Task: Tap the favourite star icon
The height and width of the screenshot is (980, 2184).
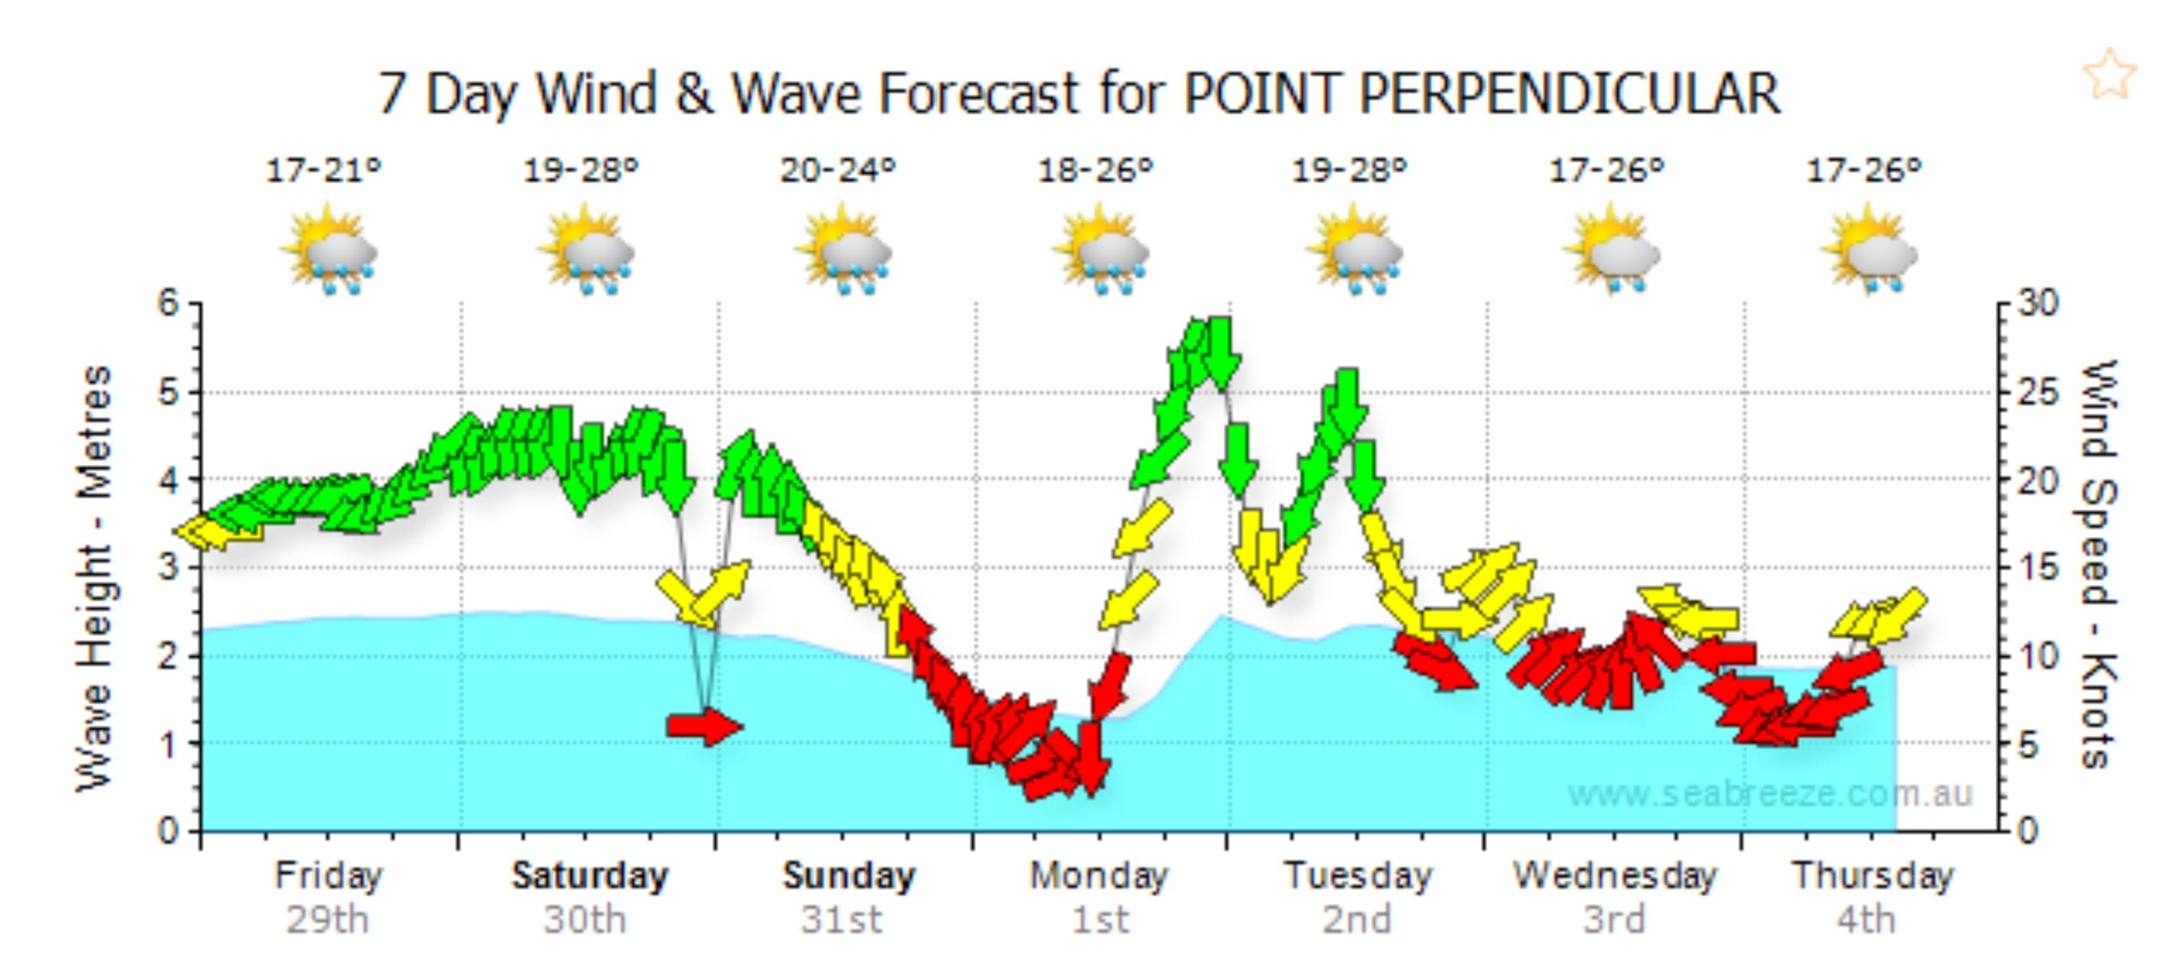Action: click(2109, 75)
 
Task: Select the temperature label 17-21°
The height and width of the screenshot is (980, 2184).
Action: click(323, 171)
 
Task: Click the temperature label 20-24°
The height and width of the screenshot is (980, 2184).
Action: click(838, 171)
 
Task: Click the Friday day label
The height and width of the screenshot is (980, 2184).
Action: click(328, 875)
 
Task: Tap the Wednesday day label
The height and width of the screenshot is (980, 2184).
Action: click(1614, 875)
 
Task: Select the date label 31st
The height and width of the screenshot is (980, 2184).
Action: click(842, 920)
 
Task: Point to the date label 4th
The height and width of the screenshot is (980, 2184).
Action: click(1866, 920)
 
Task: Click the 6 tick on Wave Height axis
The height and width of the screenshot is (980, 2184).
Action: click(168, 304)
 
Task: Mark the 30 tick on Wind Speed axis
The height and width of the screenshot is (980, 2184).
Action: click(2036, 304)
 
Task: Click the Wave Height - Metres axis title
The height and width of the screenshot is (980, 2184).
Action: click(94, 579)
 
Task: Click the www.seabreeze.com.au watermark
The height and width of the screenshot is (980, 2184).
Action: click(1770, 793)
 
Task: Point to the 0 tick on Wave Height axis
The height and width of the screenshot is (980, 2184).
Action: click(168, 831)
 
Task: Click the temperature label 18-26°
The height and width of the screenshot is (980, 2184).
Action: click(1095, 171)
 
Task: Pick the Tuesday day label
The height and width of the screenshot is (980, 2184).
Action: click(1358, 875)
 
